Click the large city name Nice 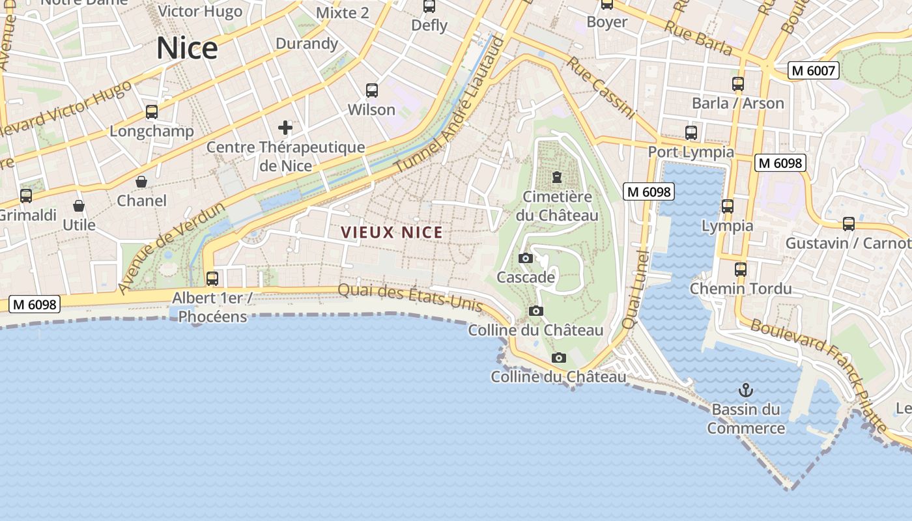187,49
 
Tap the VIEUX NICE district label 392,232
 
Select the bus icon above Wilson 371,91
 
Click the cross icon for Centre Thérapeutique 285,128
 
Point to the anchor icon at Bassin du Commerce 746,390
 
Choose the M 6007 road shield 812,70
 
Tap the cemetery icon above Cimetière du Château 557,177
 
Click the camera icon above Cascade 526,259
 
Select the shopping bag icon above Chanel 141,182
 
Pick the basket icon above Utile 79,206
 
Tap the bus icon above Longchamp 152,112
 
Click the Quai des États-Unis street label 410,298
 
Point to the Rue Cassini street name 600,88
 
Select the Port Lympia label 691,152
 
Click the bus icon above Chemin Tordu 741,269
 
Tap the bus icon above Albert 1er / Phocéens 212,279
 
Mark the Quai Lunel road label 634,290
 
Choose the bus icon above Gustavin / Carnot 849,224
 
